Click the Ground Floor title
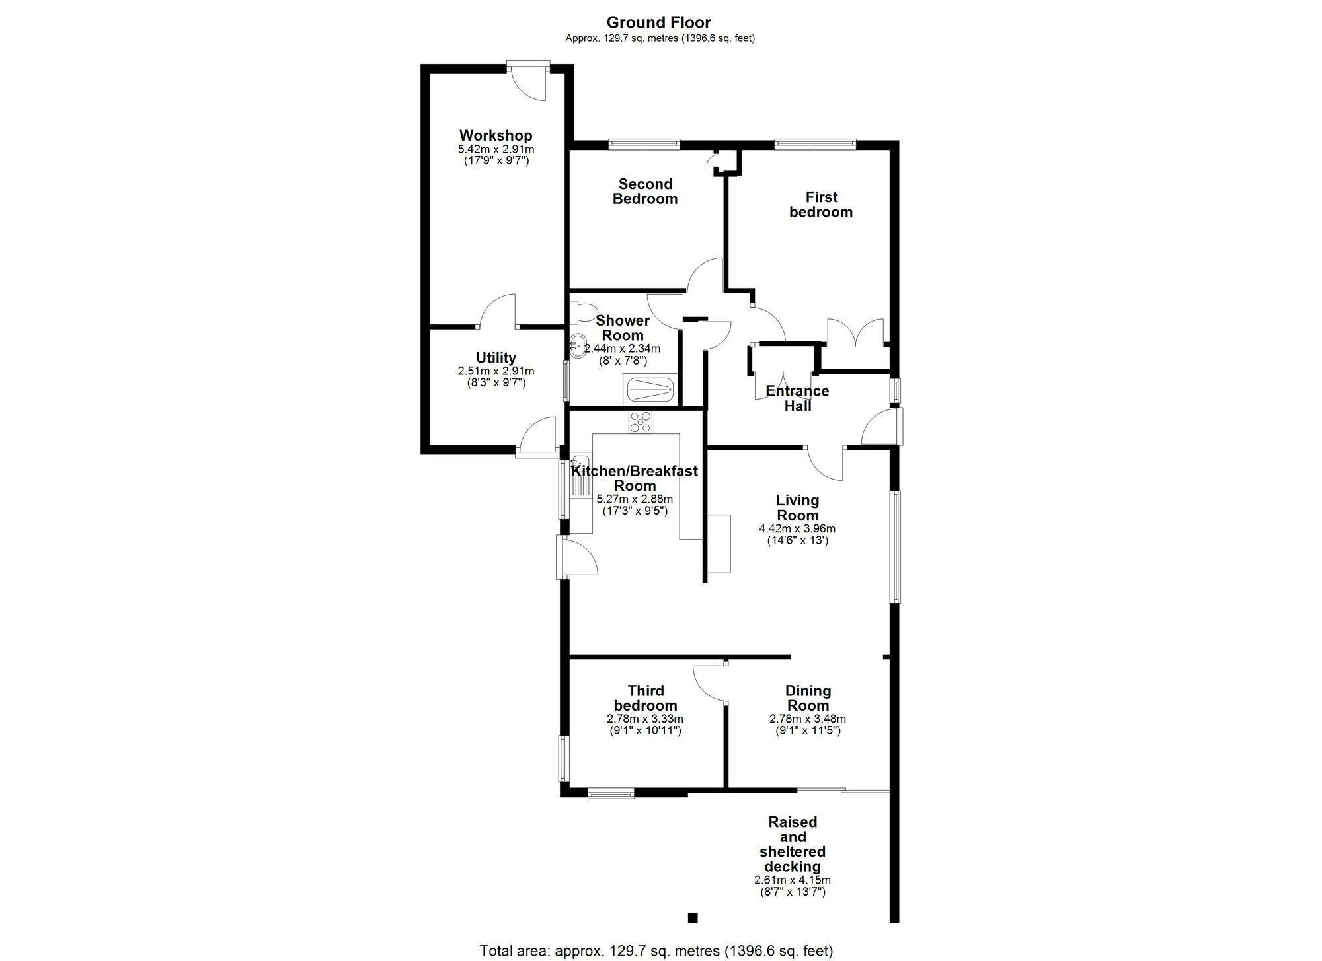(x=658, y=23)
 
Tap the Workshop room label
(x=496, y=135)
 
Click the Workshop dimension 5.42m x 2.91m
(x=496, y=149)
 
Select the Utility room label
(x=496, y=358)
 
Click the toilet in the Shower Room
(x=582, y=312)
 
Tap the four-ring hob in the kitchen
(x=640, y=421)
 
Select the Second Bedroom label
(x=645, y=192)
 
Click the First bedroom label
(x=821, y=204)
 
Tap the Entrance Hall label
(x=797, y=398)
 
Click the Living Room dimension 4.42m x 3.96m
(x=797, y=529)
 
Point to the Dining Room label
(x=808, y=698)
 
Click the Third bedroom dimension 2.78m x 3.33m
(x=645, y=719)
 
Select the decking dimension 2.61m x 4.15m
(x=793, y=880)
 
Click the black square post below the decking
(x=693, y=917)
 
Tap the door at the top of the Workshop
(x=529, y=81)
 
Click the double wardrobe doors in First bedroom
(x=855, y=333)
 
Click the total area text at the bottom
(x=656, y=951)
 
